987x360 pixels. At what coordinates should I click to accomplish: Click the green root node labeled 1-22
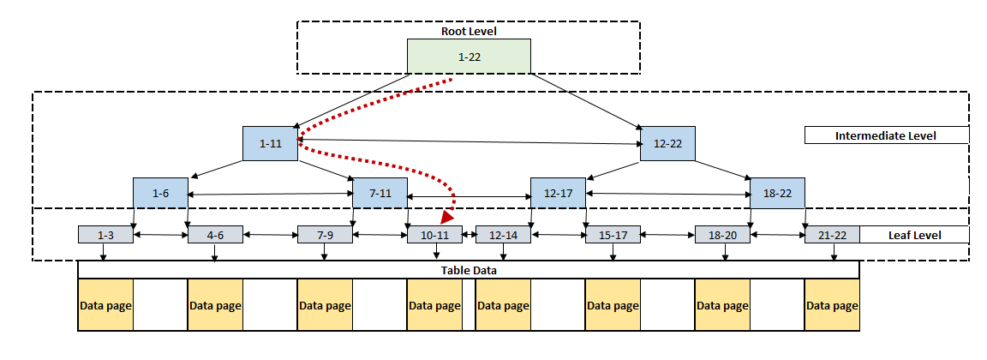coord(469,56)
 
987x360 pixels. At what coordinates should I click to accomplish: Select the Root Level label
coord(469,31)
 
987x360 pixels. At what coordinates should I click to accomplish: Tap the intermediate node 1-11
coord(270,143)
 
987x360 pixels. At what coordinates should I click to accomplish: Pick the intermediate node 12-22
coord(667,143)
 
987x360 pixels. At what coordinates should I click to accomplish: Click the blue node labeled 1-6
coord(160,193)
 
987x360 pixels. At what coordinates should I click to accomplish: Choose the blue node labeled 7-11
coord(380,193)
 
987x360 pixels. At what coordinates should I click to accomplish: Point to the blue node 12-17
coord(558,193)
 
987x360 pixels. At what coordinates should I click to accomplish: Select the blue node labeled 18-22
coord(777,193)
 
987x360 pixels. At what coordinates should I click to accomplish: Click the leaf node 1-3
coord(105,234)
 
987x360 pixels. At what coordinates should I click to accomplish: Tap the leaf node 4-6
coord(215,234)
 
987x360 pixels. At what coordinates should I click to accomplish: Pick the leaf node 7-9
coord(325,234)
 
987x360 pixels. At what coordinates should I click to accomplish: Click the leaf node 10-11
coord(434,234)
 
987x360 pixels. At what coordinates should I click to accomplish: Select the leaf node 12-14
coord(503,234)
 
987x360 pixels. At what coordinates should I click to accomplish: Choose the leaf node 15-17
coord(613,234)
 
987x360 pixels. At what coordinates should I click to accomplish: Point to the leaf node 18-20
coord(722,234)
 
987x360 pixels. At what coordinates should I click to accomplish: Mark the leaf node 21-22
coord(832,234)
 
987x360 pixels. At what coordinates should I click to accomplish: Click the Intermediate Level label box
coord(886,135)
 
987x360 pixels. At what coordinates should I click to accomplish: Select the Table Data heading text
coord(469,269)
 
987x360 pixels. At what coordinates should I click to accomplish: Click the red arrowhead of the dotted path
coord(446,221)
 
